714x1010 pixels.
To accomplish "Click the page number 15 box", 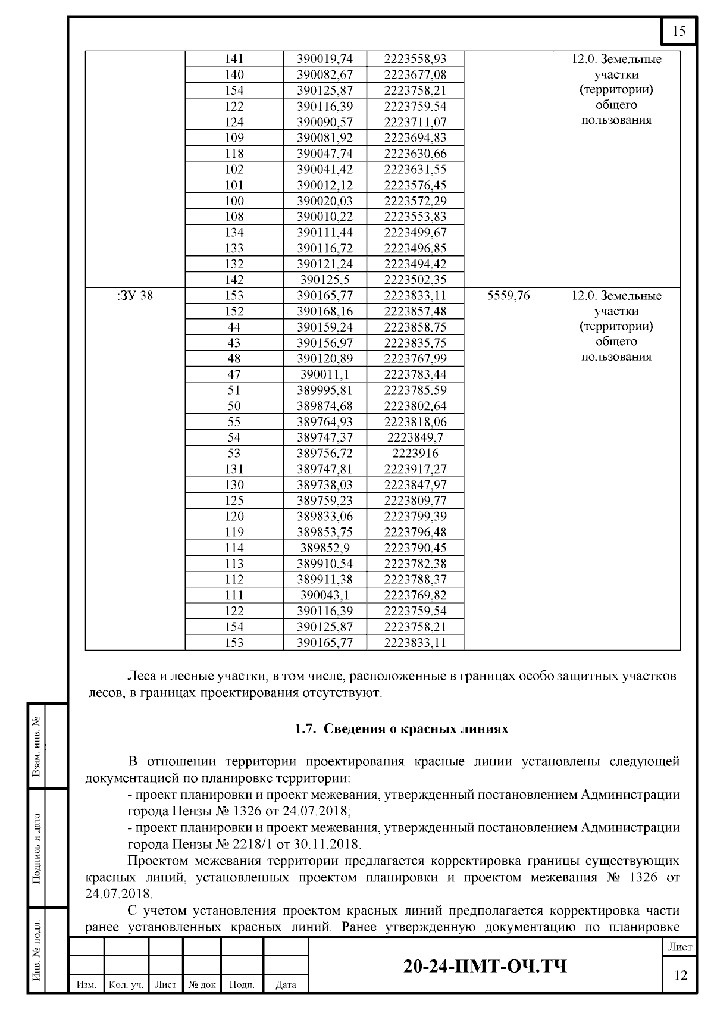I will [679, 32].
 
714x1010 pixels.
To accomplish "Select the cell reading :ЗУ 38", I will [135, 295].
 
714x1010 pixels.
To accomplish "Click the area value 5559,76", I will [508, 295].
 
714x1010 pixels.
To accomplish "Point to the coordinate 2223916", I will [415, 454].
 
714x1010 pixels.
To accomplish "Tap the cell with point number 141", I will [234, 59].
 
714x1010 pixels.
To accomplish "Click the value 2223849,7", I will [415, 437].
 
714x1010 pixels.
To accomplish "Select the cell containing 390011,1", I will [325, 374].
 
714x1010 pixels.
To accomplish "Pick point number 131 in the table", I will [234, 469].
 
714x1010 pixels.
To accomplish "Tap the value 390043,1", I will [325, 595].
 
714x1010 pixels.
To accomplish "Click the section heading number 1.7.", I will [306, 729].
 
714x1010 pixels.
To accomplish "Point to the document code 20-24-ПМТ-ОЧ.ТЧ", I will [485, 966].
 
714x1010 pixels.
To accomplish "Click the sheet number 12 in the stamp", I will [679, 975].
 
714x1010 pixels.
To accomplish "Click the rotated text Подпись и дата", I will [37, 849].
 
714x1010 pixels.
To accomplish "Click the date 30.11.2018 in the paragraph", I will [330, 844].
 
